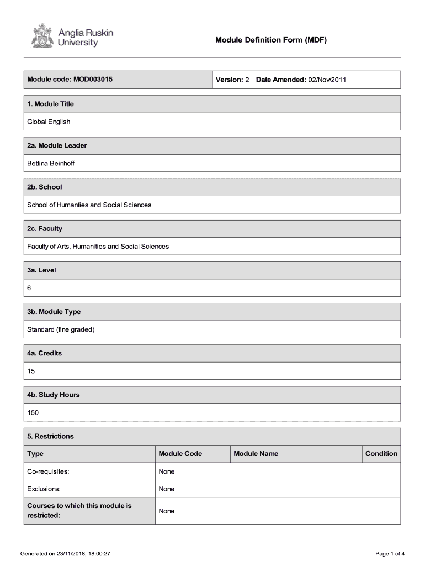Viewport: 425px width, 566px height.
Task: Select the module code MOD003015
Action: coord(92,80)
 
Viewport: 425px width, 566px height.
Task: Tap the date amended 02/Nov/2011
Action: coord(327,80)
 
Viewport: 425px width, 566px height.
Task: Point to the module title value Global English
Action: coord(49,122)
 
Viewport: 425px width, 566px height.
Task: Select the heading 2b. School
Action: coord(45,187)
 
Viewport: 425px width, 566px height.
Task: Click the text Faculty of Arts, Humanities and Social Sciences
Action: coord(98,246)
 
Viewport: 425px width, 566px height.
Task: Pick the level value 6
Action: coord(29,288)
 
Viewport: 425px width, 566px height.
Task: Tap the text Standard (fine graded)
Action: coord(61,329)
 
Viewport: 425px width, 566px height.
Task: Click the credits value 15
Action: coord(31,371)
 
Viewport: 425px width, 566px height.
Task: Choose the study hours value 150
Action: coord(33,412)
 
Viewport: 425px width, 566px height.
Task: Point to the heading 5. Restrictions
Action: coord(50,436)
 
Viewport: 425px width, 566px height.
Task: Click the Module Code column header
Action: coord(180,454)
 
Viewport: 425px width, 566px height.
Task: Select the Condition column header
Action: coord(381,454)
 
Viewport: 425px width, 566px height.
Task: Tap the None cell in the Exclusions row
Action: coord(166,489)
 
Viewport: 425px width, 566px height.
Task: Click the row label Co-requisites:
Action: coord(48,471)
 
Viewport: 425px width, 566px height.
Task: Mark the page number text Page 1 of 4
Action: coord(390,553)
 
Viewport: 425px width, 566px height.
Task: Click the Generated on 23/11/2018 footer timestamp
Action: coord(65,553)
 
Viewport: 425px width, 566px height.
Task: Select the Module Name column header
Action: coord(256,454)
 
